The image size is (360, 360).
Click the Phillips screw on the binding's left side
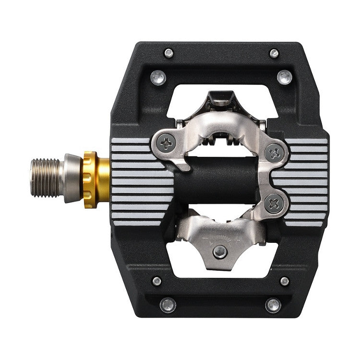pyautogui.click(x=165, y=142)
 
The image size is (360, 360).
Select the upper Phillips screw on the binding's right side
pyautogui.click(x=275, y=153)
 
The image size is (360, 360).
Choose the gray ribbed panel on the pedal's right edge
pyautogui.click(x=307, y=182)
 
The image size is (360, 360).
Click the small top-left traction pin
pyautogui.click(x=168, y=53)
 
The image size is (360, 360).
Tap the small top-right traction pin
pyautogui.click(x=274, y=53)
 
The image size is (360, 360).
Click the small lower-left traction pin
pyautogui.click(x=156, y=281)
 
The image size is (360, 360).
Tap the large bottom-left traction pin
pyautogui.click(x=168, y=305)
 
